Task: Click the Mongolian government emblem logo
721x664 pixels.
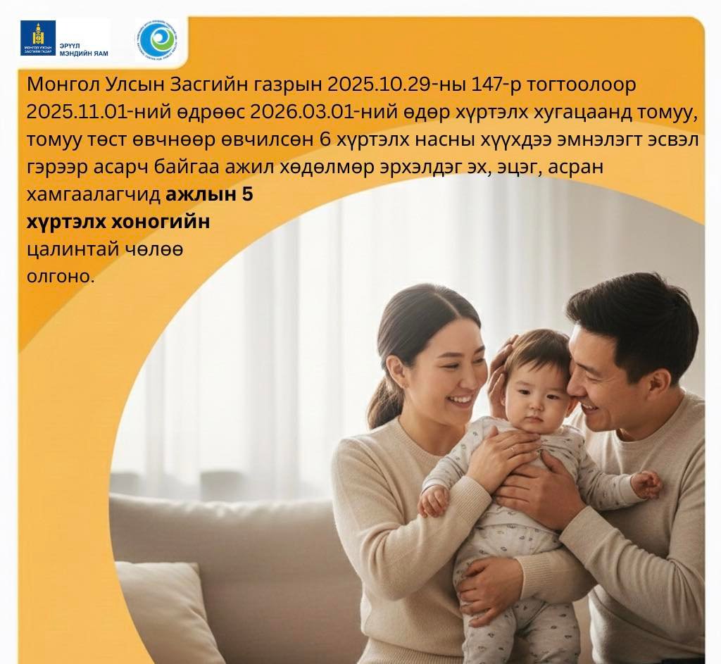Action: [x=38, y=38]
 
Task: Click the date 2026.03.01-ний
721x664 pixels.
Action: [x=311, y=112]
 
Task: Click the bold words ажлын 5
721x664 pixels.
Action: [x=209, y=194]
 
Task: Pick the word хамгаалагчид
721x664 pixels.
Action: [x=94, y=194]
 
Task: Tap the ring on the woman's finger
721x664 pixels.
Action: [x=513, y=449]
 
